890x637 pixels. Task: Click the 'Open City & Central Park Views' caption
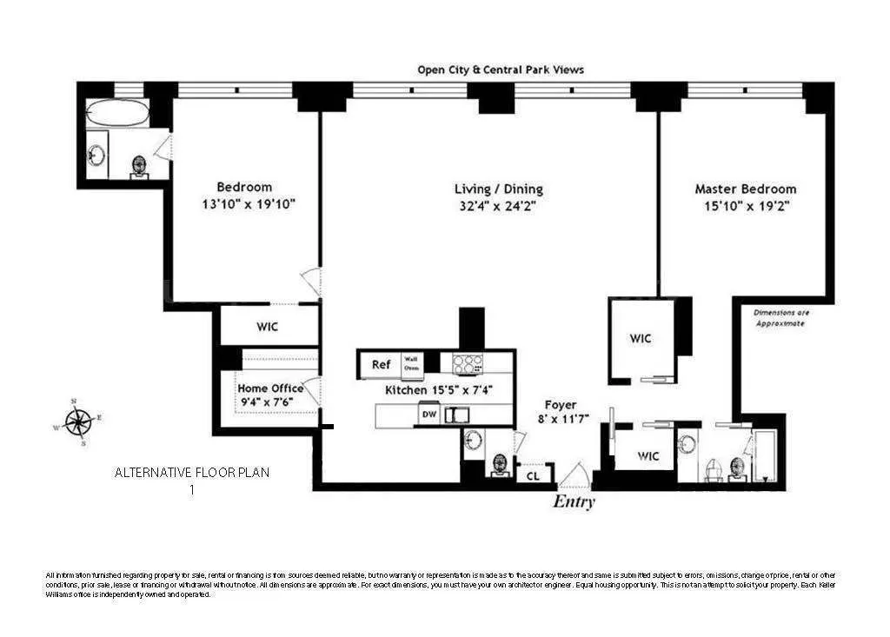point(500,70)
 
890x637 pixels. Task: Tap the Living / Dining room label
point(499,189)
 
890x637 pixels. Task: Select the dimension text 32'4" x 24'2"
point(499,206)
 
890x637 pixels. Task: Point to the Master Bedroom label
point(745,189)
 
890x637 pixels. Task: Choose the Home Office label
point(270,388)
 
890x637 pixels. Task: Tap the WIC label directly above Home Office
point(266,328)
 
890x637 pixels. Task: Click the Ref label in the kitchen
point(381,365)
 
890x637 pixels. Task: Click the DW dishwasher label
point(428,415)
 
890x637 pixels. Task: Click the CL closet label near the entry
point(533,474)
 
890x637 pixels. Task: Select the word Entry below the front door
point(574,502)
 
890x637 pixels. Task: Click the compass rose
point(79,422)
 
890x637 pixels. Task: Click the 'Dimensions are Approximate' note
point(779,316)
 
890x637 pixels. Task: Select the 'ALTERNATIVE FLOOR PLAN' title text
point(192,473)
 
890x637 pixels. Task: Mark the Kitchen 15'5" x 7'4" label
point(439,390)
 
